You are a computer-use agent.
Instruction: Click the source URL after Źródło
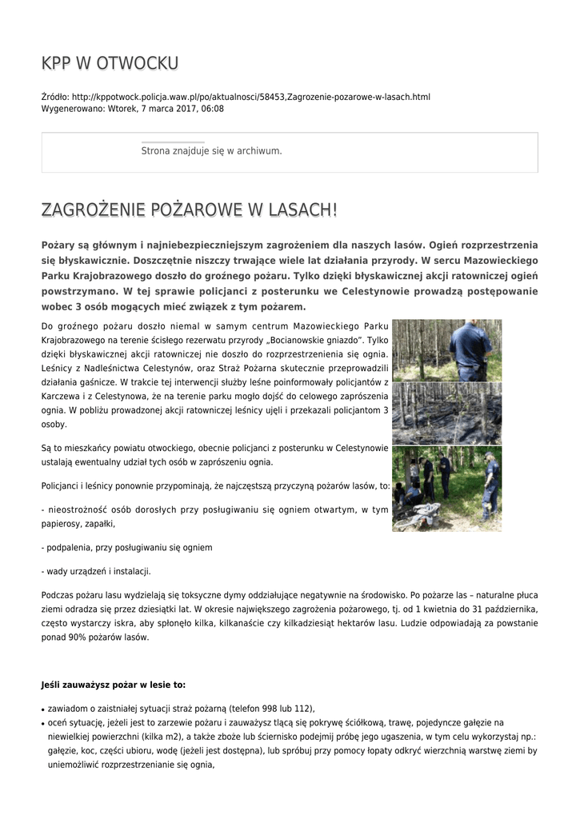click(x=250, y=97)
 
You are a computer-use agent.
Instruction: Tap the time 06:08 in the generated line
click(x=212, y=109)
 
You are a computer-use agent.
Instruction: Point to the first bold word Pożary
click(x=58, y=245)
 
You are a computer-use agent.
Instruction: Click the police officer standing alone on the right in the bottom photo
click(x=490, y=484)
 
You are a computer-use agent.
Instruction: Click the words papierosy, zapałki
click(x=78, y=524)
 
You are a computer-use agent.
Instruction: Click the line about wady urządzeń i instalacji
click(x=96, y=571)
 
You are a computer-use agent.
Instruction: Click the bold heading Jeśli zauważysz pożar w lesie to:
click(x=113, y=685)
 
